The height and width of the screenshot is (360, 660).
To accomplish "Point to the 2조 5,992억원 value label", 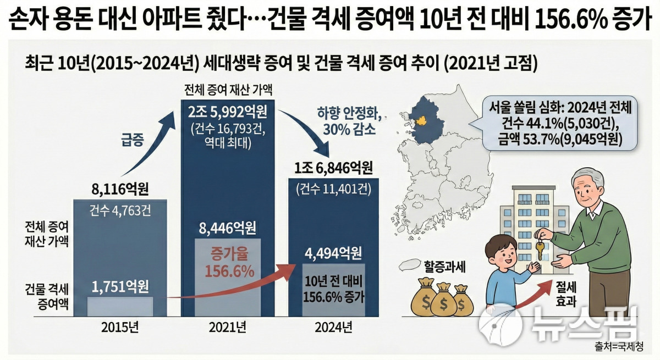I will click(x=227, y=114).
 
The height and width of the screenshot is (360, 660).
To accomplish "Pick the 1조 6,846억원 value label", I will click(x=334, y=168).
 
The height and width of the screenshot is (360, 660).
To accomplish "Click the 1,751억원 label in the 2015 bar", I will click(x=120, y=286).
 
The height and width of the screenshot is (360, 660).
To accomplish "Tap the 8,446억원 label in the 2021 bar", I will click(x=227, y=228).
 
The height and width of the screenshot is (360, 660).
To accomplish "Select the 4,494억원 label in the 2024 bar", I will click(x=334, y=253).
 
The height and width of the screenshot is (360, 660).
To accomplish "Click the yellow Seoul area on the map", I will click(x=422, y=120).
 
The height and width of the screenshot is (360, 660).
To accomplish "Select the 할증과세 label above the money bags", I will click(x=444, y=267).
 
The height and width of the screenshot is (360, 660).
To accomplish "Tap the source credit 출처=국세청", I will click(x=619, y=347).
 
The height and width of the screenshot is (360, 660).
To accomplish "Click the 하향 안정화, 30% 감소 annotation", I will click(x=346, y=122).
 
